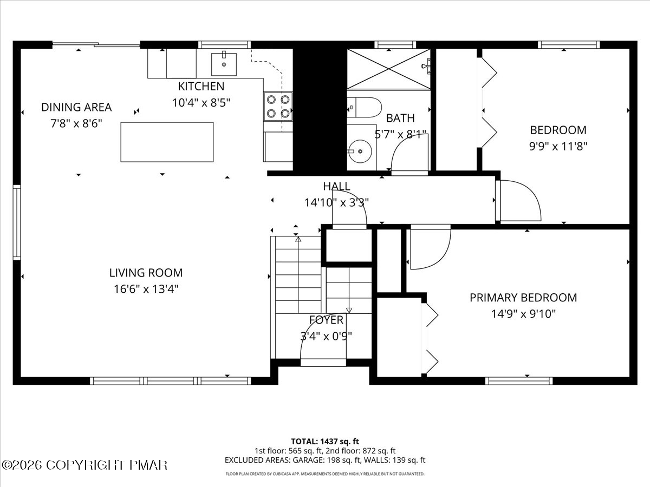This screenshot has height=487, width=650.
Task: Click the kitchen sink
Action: [x=224, y=64]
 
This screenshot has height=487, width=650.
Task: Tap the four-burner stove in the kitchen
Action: [x=278, y=107]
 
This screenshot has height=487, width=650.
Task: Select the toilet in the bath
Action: [x=365, y=107]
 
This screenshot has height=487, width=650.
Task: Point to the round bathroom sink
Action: [x=360, y=151]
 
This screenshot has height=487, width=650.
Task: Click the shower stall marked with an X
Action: [x=388, y=69]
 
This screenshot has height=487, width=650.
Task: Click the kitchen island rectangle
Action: [x=167, y=142]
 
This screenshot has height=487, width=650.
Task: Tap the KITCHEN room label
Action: [x=201, y=87]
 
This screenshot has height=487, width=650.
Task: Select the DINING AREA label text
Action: [x=76, y=107]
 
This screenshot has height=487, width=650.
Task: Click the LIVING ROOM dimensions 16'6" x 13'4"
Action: [x=146, y=289]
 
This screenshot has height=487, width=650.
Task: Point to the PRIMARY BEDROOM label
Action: [x=523, y=298]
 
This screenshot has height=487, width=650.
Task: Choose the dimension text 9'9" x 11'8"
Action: [x=558, y=146]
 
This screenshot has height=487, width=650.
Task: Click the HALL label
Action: [x=337, y=186]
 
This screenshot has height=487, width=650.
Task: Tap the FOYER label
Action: [x=326, y=320]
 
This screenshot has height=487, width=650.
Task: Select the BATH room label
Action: [x=400, y=119]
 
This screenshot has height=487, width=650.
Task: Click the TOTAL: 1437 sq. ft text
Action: [x=325, y=442]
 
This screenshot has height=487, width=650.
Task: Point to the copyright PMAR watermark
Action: [x=84, y=465]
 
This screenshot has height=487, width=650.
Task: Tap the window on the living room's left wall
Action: [x=17, y=222]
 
